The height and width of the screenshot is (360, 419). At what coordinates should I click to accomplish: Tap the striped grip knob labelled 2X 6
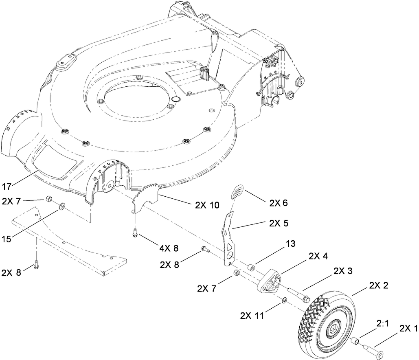point(237,191)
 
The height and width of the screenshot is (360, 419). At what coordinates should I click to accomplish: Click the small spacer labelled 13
point(252,268)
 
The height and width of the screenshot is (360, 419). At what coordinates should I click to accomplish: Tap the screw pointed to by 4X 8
point(135,233)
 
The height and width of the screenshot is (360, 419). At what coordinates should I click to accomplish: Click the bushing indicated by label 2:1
point(355,340)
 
